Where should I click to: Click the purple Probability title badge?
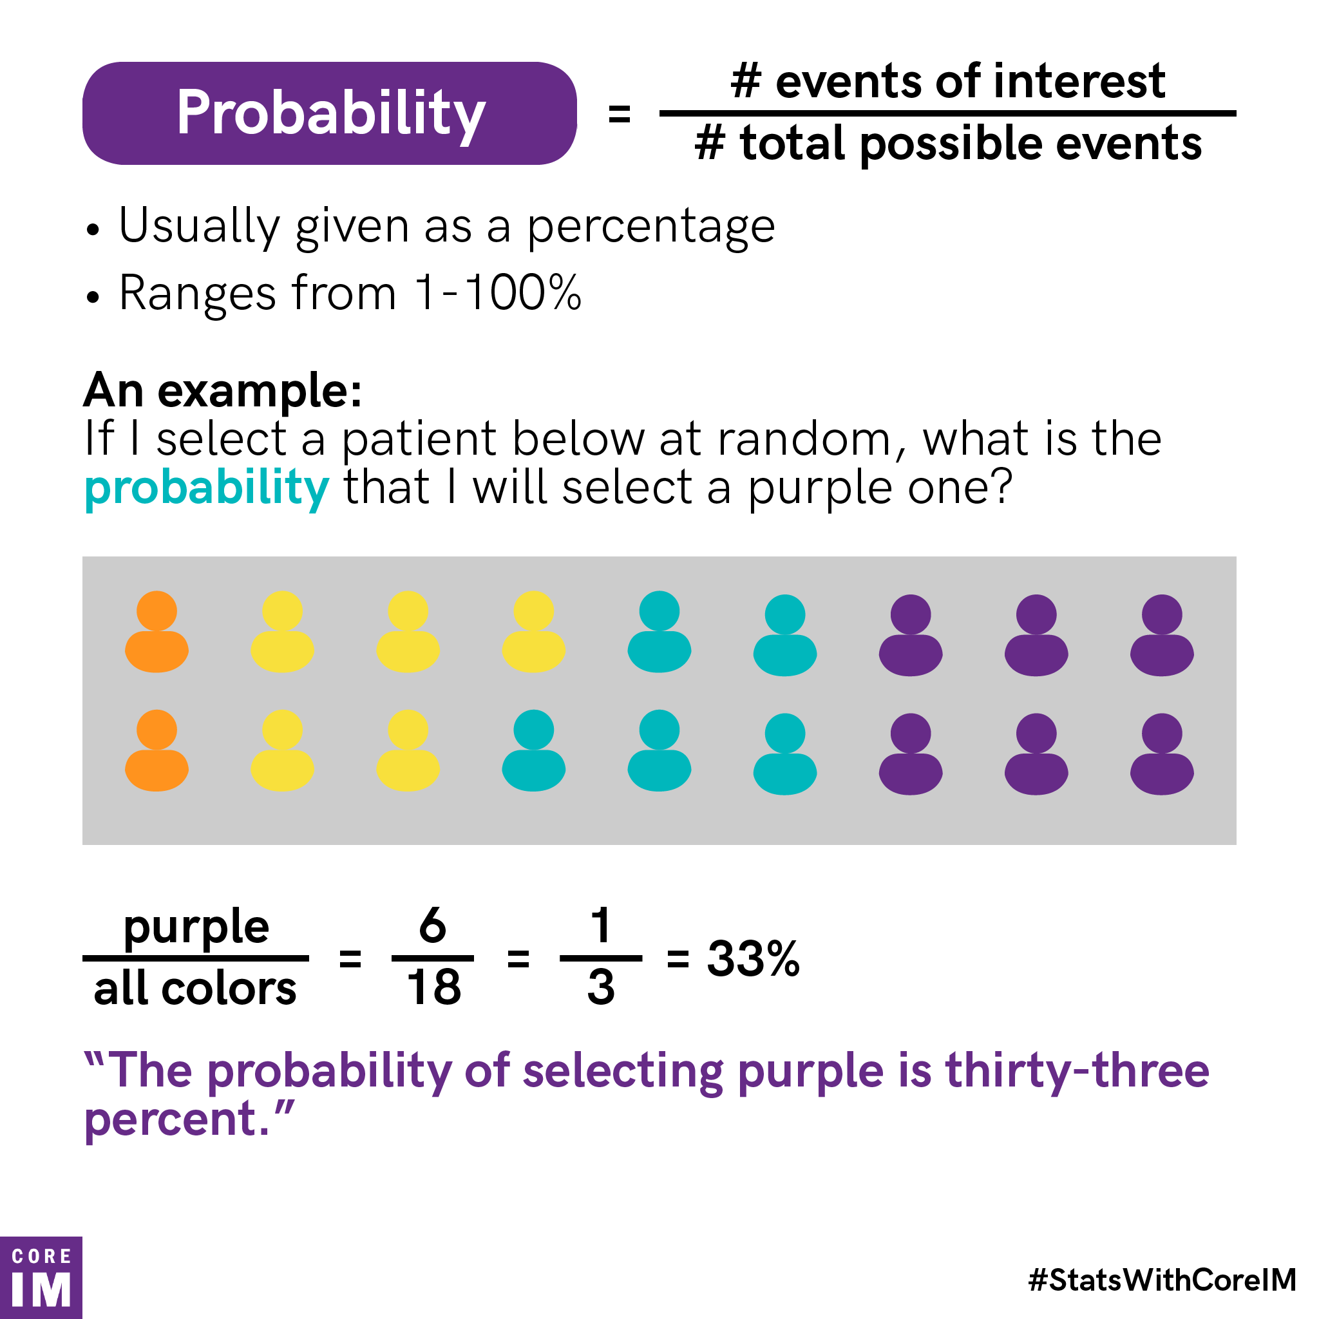point(329,113)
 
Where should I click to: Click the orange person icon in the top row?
point(157,632)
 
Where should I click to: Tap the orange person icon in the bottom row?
point(157,751)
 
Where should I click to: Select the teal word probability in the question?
point(206,489)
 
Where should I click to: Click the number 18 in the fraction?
point(433,987)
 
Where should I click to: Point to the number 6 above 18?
point(433,925)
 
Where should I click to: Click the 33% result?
point(752,958)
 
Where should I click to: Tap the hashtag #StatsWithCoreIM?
point(1161,1280)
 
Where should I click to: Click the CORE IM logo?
point(41,1277)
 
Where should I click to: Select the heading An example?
point(223,390)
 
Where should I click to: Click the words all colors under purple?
point(195,989)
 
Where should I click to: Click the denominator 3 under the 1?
point(601,987)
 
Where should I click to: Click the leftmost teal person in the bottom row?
point(533,751)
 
